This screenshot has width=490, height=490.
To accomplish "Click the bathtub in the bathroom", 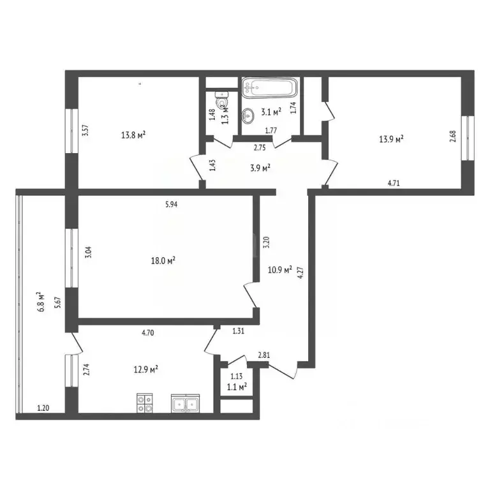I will coord(269,86).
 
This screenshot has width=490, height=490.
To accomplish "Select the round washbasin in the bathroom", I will coord(249,115).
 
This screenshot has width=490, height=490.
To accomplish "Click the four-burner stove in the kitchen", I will coord(145,403).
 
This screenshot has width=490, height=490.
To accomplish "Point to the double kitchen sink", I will coord(186,403).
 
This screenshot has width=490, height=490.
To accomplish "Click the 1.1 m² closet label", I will coord(237,387).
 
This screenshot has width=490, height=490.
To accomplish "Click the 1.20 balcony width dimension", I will coord(43,408).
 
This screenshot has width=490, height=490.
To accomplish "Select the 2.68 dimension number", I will coord(453,137).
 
